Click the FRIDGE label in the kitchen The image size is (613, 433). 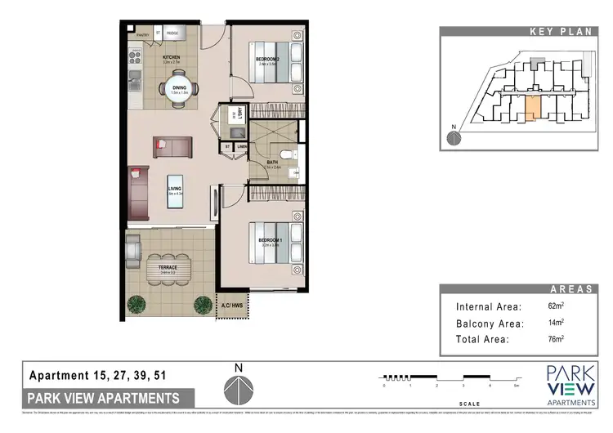coord(172,33)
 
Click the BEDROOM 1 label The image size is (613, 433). coord(270,242)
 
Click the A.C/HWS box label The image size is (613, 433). coord(231,306)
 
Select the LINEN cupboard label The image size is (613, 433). coord(242,147)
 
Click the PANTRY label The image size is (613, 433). coord(141,34)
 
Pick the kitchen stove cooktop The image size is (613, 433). coord(133,57)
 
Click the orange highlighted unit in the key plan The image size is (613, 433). coord(530,107)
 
